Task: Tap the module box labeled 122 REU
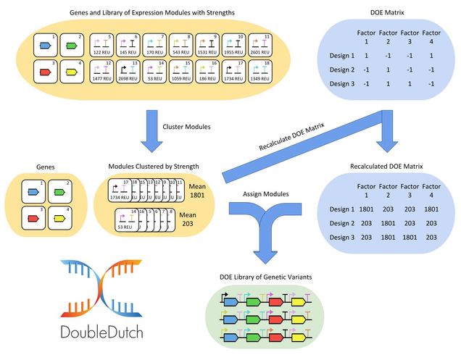click(101, 46)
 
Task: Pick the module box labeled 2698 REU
click(128, 72)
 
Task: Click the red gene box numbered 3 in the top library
click(46, 72)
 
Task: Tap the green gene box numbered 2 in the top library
click(72, 46)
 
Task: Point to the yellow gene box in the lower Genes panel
click(72, 218)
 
